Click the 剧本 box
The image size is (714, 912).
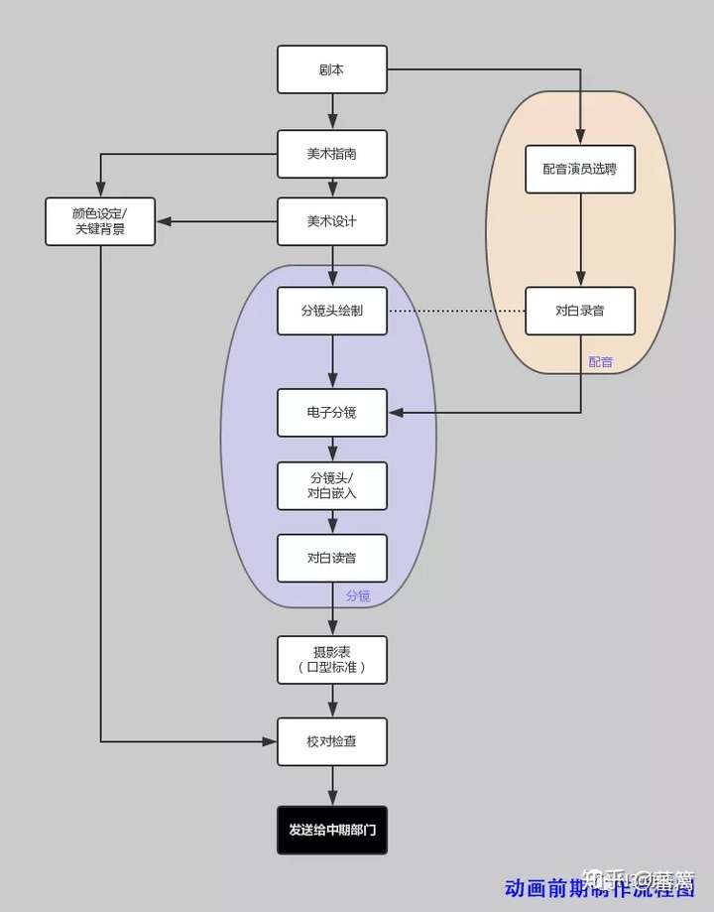pos(331,69)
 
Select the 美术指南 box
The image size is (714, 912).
pos(331,155)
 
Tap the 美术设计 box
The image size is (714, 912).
pos(331,221)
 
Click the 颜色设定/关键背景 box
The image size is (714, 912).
pos(100,221)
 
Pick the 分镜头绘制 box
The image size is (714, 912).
pos(331,311)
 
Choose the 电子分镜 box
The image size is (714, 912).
pos(331,412)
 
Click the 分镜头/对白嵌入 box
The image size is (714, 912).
pos(331,485)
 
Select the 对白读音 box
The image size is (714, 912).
pos(331,559)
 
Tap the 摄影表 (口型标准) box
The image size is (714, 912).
pos(331,659)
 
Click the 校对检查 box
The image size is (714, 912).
pos(331,741)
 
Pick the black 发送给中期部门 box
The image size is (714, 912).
pos(331,830)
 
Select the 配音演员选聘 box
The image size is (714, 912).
pos(580,169)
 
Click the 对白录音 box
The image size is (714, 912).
pos(580,311)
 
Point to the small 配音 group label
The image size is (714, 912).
pos(601,362)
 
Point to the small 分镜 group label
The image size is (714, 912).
pos(358,595)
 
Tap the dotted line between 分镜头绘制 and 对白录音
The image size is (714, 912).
pos(456,311)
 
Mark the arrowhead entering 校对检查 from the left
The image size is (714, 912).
pos(269,741)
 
